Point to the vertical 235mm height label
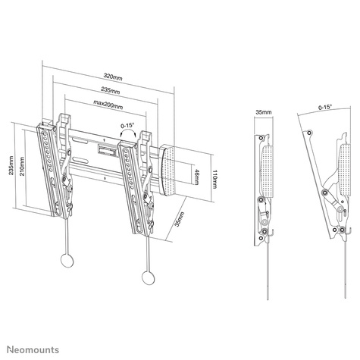tap(10, 165)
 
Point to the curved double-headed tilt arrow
tap(127, 135)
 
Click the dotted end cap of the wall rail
tap(171, 167)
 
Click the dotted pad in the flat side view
tap(266, 167)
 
